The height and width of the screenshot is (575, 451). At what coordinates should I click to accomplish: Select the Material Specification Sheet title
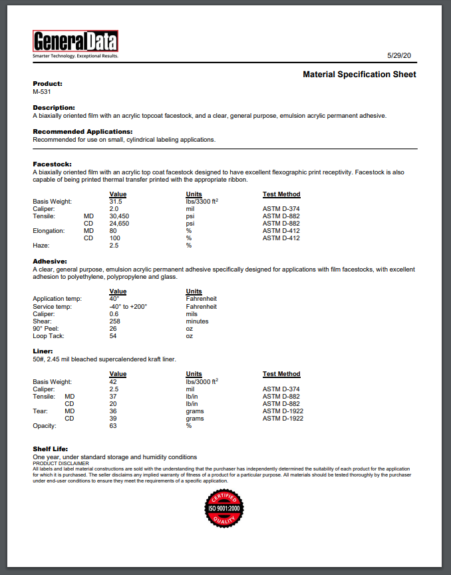pos(359,75)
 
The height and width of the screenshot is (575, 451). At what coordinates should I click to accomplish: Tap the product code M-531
pos(42,92)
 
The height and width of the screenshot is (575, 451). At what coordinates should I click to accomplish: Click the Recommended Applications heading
pos(82,132)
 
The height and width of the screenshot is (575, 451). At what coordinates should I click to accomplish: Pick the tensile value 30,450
pos(119,216)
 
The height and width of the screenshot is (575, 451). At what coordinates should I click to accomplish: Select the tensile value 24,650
pos(119,224)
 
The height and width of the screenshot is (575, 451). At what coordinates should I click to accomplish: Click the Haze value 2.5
pos(114,246)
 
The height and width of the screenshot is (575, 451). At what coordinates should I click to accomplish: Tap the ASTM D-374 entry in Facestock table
pos(281,209)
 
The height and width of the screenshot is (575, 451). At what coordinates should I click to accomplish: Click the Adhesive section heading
pos(50,262)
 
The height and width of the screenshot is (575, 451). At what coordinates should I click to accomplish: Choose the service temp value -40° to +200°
pos(128,306)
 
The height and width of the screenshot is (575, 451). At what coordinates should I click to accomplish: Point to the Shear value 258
pos(115,321)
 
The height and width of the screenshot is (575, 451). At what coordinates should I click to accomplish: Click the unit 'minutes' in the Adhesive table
pos(197,321)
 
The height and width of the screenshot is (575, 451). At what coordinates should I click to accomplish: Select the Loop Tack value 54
pos(113,336)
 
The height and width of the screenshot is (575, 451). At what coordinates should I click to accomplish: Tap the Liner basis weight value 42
pos(113,381)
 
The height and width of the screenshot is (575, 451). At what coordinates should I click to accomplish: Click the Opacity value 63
pos(113,426)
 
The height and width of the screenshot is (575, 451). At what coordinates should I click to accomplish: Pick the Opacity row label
pos(45,426)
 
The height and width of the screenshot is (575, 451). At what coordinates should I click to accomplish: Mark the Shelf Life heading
pos(51,449)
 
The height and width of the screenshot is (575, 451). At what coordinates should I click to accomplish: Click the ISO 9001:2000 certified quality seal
pos(225,510)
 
